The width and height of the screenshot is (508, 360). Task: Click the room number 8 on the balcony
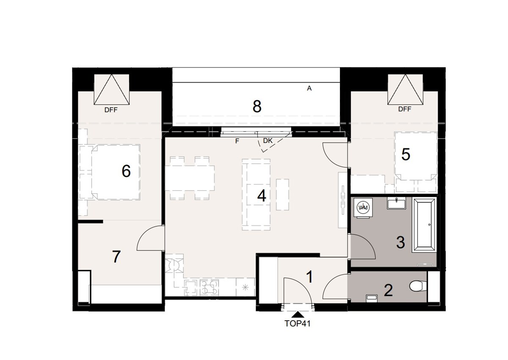[257, 107]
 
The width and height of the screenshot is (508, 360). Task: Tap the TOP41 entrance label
[298, 324]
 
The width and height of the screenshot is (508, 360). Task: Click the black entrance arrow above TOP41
[298, 314]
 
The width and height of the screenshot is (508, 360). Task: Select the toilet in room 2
[418, 287]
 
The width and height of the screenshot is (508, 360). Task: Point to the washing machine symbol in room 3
[362, 207]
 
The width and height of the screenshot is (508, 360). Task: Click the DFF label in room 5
[405, 109]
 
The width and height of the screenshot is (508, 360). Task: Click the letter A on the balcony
[309, 88]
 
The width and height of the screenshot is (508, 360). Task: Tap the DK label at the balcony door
[268, 140]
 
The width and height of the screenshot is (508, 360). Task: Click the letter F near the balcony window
[237, 141]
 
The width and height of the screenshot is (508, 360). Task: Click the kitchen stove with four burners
[209, 287]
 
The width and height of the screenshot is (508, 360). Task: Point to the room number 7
[117, 256]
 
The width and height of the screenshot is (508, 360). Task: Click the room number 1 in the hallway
[309, 277]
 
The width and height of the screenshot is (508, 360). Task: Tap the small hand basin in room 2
[371, 298]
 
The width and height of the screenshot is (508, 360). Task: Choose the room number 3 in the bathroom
[400, 242]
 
